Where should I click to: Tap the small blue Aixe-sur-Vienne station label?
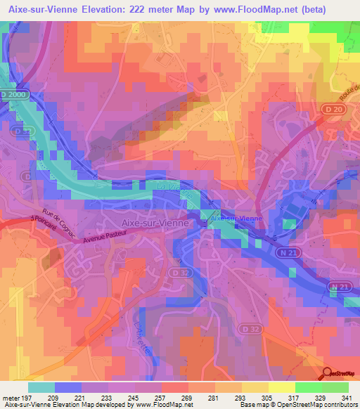[x=236, y=219]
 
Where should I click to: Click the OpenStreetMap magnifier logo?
[x=328, y=374]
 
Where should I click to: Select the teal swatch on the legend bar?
[x=41, y=387]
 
